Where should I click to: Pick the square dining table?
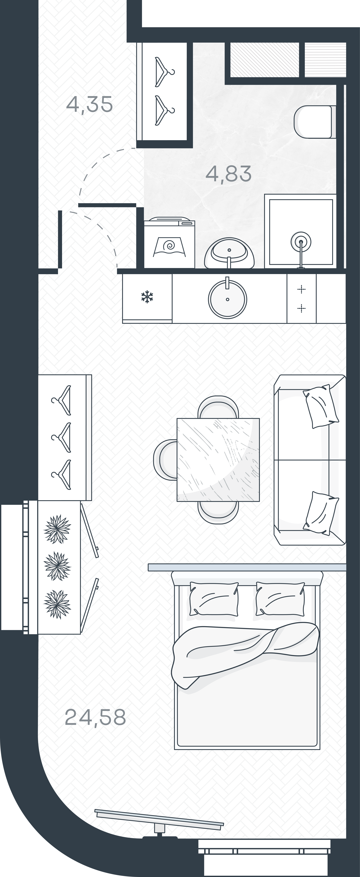[x=218, y=460]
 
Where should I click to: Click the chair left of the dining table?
[x=165, y=460]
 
